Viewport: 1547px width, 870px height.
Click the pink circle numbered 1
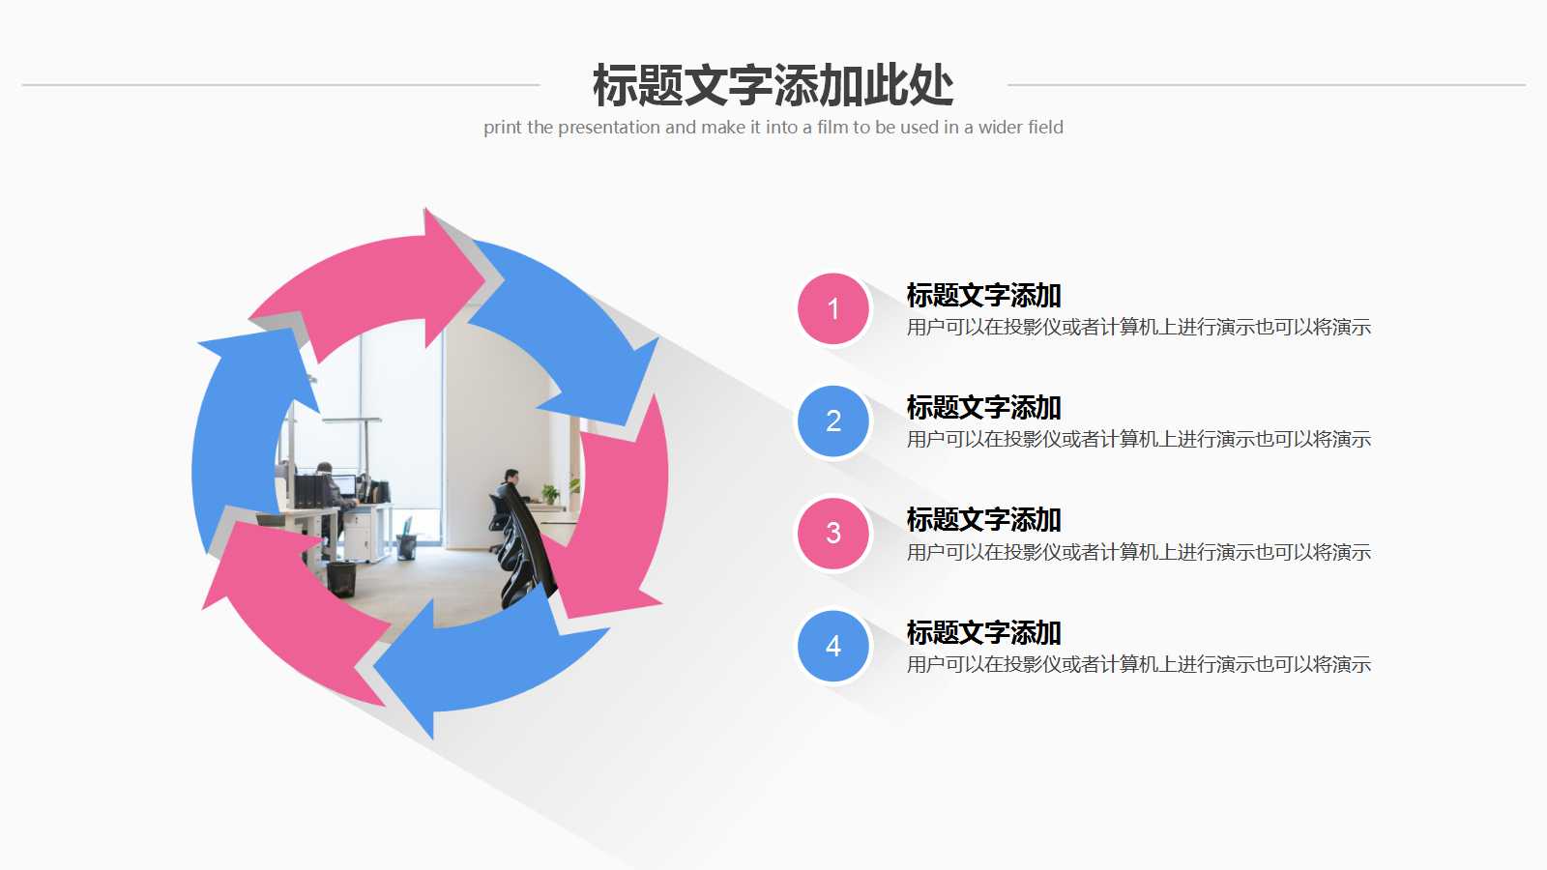833,309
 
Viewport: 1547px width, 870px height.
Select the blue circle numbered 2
833,421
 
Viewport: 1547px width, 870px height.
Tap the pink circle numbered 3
833,534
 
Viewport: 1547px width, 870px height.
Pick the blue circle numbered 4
833,646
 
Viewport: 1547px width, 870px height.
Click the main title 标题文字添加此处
773,85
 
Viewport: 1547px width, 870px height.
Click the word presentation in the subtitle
608,128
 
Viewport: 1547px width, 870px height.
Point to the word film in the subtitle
832,128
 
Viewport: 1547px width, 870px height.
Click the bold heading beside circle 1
983,296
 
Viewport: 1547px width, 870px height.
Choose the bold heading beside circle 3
983,520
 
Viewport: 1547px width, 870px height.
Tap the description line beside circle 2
1138,440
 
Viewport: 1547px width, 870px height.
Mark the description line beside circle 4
1138,665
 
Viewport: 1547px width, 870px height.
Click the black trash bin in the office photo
340,578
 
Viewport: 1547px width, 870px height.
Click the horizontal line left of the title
280,85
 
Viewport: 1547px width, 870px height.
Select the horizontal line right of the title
1267,85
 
